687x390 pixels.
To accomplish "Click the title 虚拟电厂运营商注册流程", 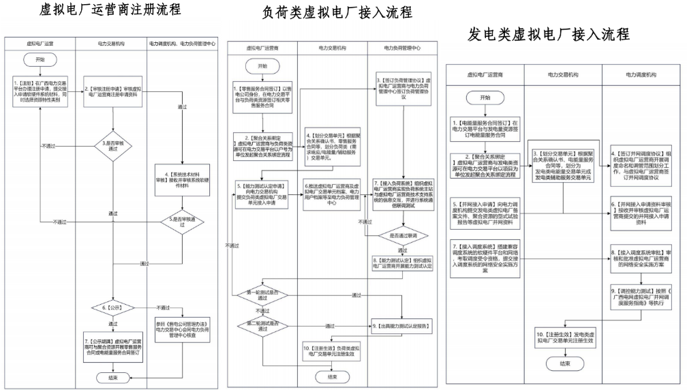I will (x=110, y=10).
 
